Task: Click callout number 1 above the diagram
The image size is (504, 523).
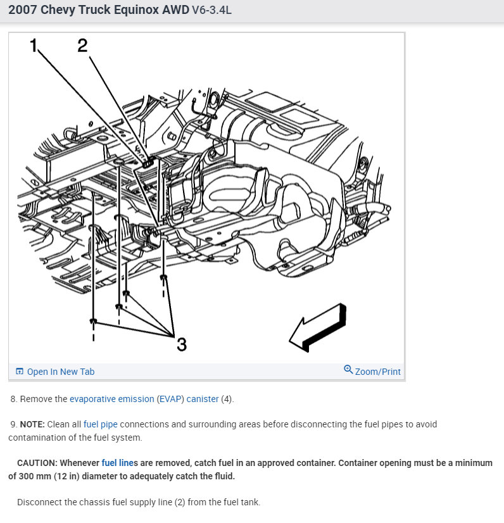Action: point(34,45)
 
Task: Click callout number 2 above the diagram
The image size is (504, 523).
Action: point(82,45)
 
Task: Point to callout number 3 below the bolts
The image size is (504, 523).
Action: point(181,344)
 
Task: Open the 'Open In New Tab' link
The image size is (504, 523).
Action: point(60,372)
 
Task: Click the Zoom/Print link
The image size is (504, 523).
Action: point(378,372)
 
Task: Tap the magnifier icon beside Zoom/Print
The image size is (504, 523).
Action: point(348,369)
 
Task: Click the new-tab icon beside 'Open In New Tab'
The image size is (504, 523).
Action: point(20,372)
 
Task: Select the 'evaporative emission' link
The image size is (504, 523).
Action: point(112,399)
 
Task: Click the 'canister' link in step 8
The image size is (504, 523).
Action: point(203,399)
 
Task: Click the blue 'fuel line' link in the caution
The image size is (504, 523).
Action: point(117,463)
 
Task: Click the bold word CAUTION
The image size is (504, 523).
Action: point(38,463)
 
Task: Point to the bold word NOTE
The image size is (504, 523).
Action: point(32,424)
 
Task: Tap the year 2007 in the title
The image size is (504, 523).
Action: point(22,11)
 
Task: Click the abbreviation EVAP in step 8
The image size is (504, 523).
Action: point(170,399)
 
